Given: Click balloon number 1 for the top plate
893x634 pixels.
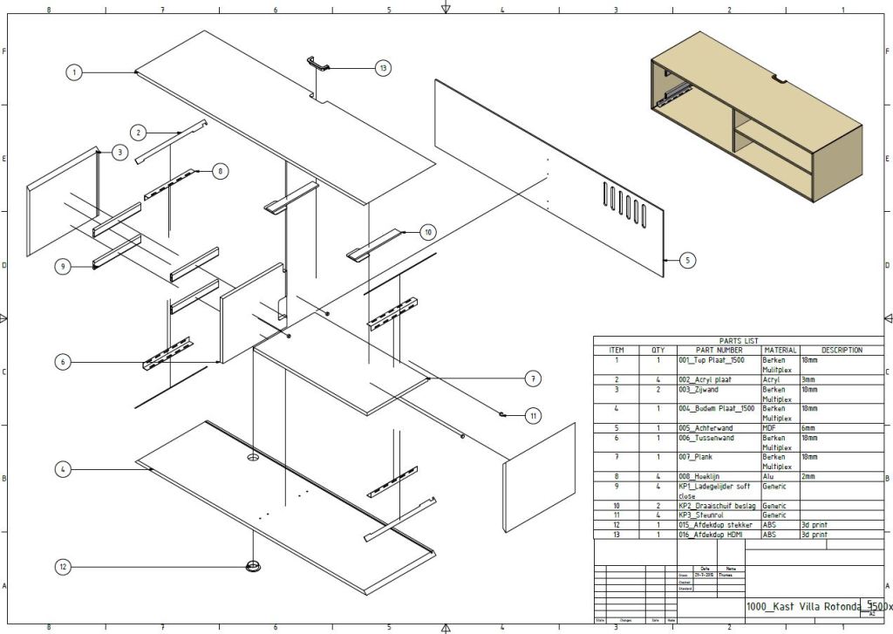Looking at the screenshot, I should (75, 73).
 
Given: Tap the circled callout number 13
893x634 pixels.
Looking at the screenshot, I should (382, 67).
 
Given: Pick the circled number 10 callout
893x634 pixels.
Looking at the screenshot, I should (427, 232).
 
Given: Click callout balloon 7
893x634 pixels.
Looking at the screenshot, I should (533, 378).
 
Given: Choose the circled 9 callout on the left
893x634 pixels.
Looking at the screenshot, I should (62, 267).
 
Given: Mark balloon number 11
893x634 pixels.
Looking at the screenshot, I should (533, 416).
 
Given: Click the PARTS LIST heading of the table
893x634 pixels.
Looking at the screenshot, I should (739, 341).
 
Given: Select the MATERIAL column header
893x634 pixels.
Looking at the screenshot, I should (780, 351).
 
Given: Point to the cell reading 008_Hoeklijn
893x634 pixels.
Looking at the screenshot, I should (702, 476).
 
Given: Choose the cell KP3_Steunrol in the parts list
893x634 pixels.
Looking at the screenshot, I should (702, 515).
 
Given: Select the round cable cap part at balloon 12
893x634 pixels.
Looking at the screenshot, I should (253, 566).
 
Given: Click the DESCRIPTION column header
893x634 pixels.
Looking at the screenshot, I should (841, 351).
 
